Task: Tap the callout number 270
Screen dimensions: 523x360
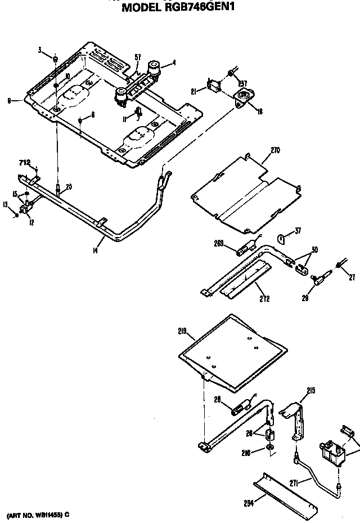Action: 274,150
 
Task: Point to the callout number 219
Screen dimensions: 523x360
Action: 182,332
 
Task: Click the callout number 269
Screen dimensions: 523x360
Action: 219,243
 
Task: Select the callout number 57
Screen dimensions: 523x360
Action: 137,56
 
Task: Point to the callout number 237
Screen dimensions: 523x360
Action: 242,84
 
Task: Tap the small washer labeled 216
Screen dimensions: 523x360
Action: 271,448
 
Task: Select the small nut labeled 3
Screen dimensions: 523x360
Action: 55,58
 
